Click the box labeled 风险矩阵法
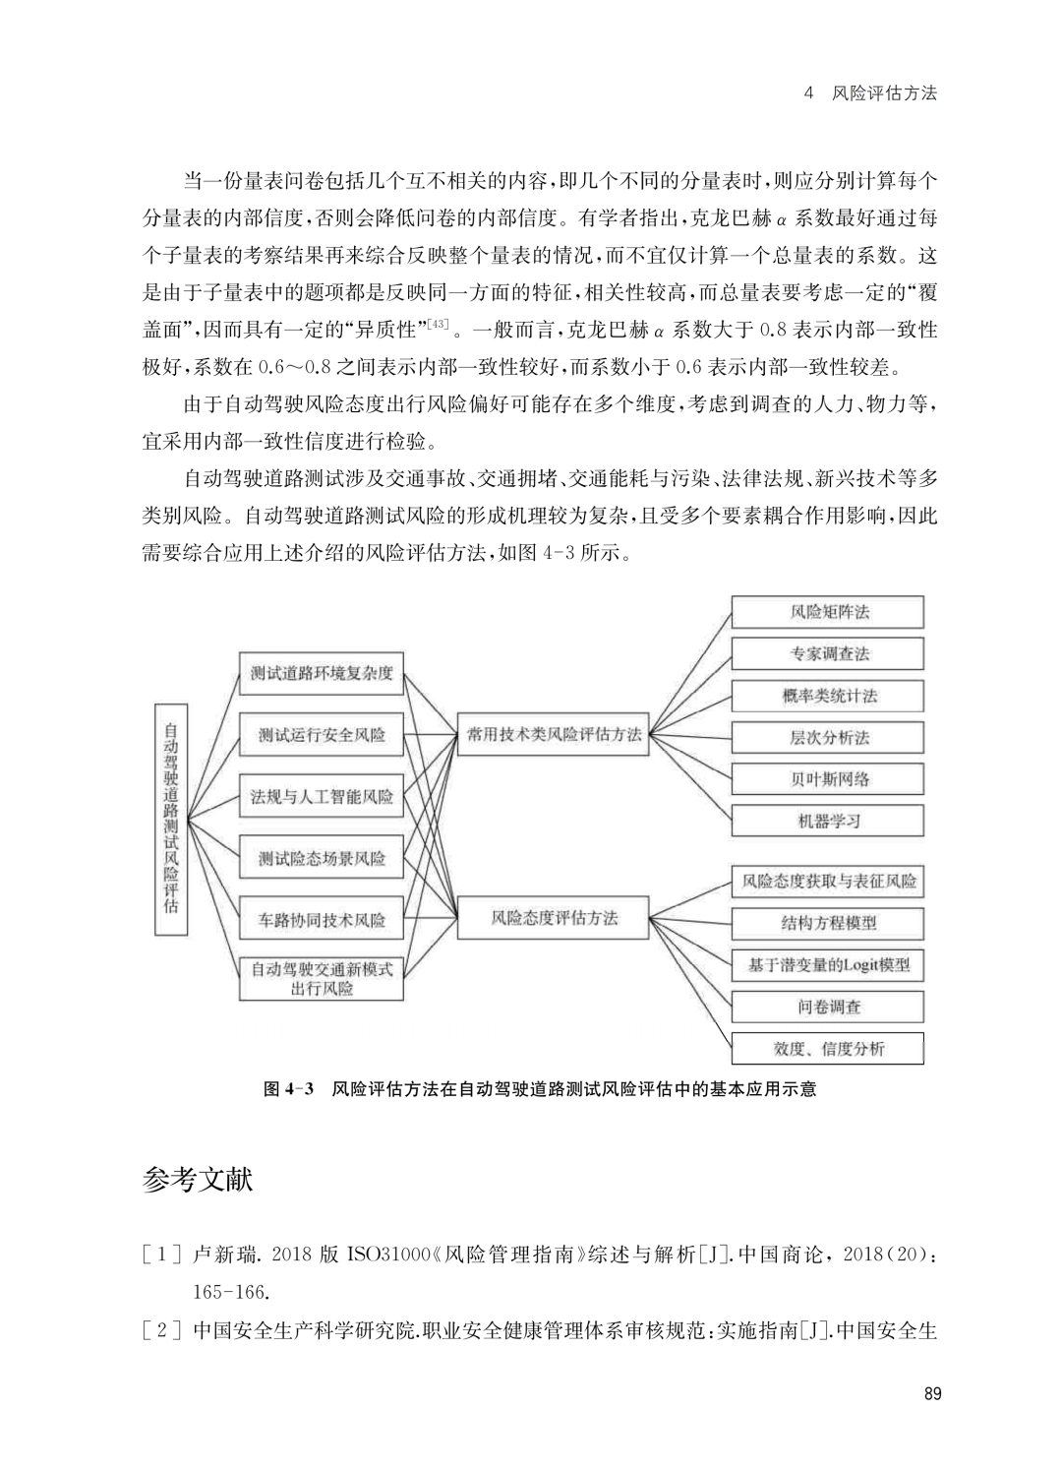[x=828, y=612]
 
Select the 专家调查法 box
[x=828, y=654]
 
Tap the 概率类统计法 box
[x=828, y=696]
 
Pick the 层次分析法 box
[x=828, y=738]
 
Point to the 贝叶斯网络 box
[x=828, y=779]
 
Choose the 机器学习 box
[x=828, y=821]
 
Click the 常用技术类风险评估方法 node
[x=553, y=735]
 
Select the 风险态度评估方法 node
[x=553, y=918]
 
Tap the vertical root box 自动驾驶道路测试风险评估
[x=171, y=819]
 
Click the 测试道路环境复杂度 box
[x=322, y=673]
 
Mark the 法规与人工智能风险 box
[x=322, y=797]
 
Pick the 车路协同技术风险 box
[x=322, y=920]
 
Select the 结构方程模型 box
[x=828, y=923]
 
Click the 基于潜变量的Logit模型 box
[x=828, y=965]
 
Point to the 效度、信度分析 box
[x=828, y=1048]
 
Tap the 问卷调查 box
[x=828, y=1007]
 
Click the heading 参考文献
[x=198, y=1180]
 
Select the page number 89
[x=932, y=1393]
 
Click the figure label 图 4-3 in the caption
[x=288, y=1089]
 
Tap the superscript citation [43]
[x=439, y=323]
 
